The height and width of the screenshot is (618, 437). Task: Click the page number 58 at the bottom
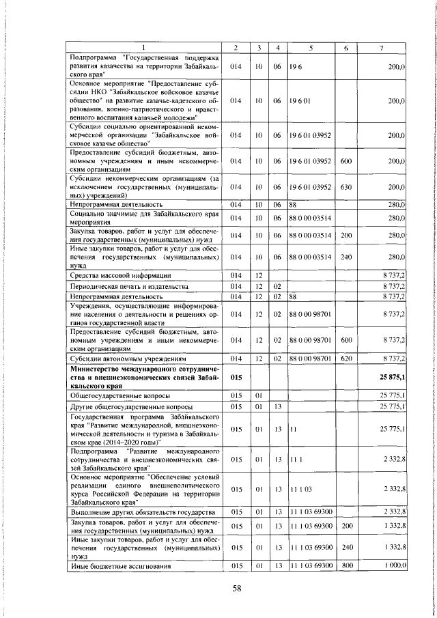[x=218, y=591]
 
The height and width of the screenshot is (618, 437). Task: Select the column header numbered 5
[x=311, y=47]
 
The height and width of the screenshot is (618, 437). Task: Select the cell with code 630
[x=346, y=186]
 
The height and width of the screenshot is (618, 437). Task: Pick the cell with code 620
[x=346, y=357]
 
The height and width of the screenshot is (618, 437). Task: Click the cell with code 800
[x=346, y=565]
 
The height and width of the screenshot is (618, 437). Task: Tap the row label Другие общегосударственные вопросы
[x=130, y=406]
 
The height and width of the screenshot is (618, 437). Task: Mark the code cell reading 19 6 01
[x=300, y=100]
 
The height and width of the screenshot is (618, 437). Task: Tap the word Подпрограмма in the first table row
[x=92, y=57]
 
